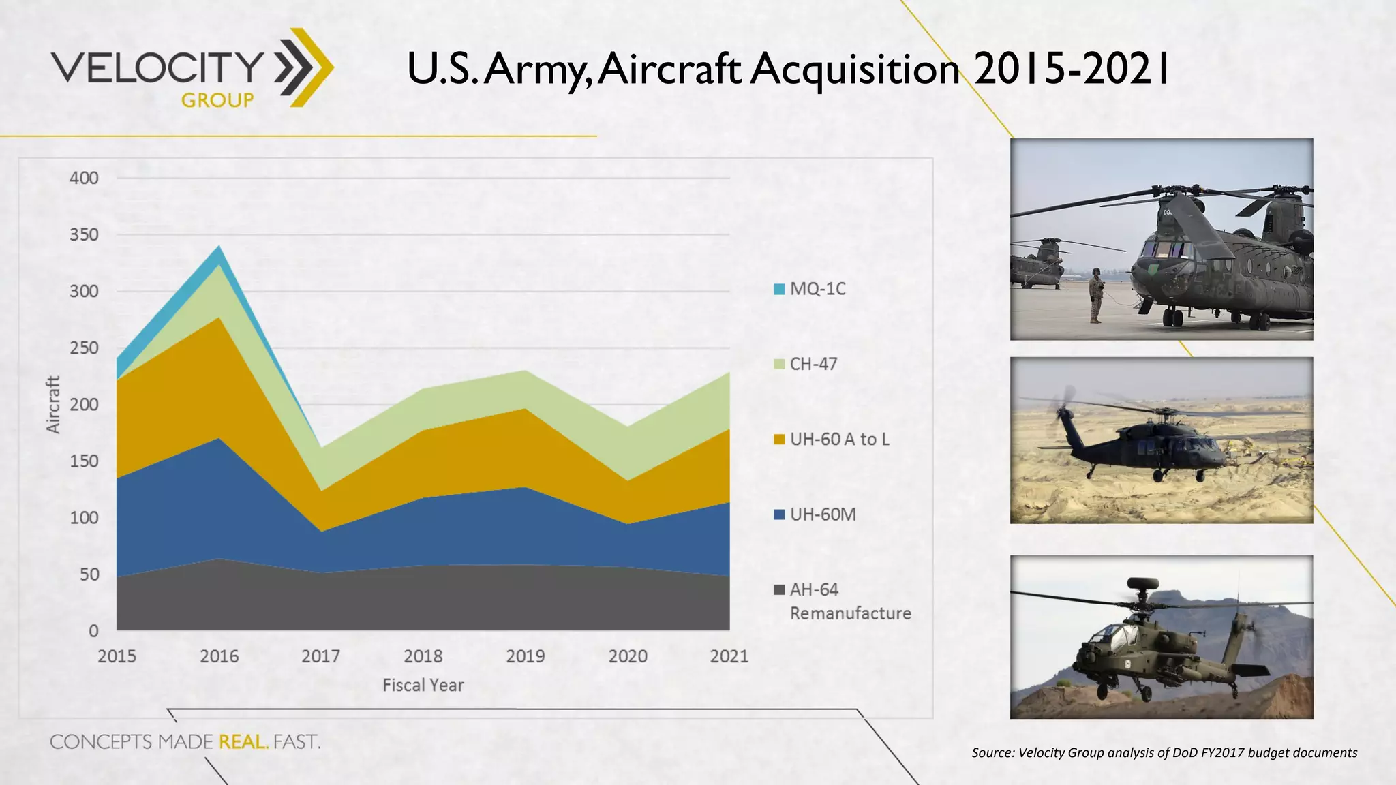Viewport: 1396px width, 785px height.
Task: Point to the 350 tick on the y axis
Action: (84, 235)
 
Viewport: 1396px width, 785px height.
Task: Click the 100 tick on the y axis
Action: (84, 518)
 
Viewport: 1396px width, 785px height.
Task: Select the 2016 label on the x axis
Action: (219, 656)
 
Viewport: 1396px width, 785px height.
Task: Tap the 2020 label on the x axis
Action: (628, 656)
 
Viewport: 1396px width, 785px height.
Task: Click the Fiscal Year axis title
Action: (423, 685)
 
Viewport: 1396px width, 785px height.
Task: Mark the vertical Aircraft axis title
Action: (53, 404)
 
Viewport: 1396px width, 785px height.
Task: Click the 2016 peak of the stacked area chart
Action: (219, 247)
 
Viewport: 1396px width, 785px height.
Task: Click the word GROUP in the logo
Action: (217, 100)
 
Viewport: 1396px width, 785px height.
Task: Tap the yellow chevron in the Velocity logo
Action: (315, 67)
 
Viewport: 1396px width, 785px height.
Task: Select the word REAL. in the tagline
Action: (243, 741)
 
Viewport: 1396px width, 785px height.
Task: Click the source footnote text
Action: (1164, 752)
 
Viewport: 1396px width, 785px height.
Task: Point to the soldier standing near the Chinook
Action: (1095, 295)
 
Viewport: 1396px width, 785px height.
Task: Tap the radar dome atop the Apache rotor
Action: (1142, 583)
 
